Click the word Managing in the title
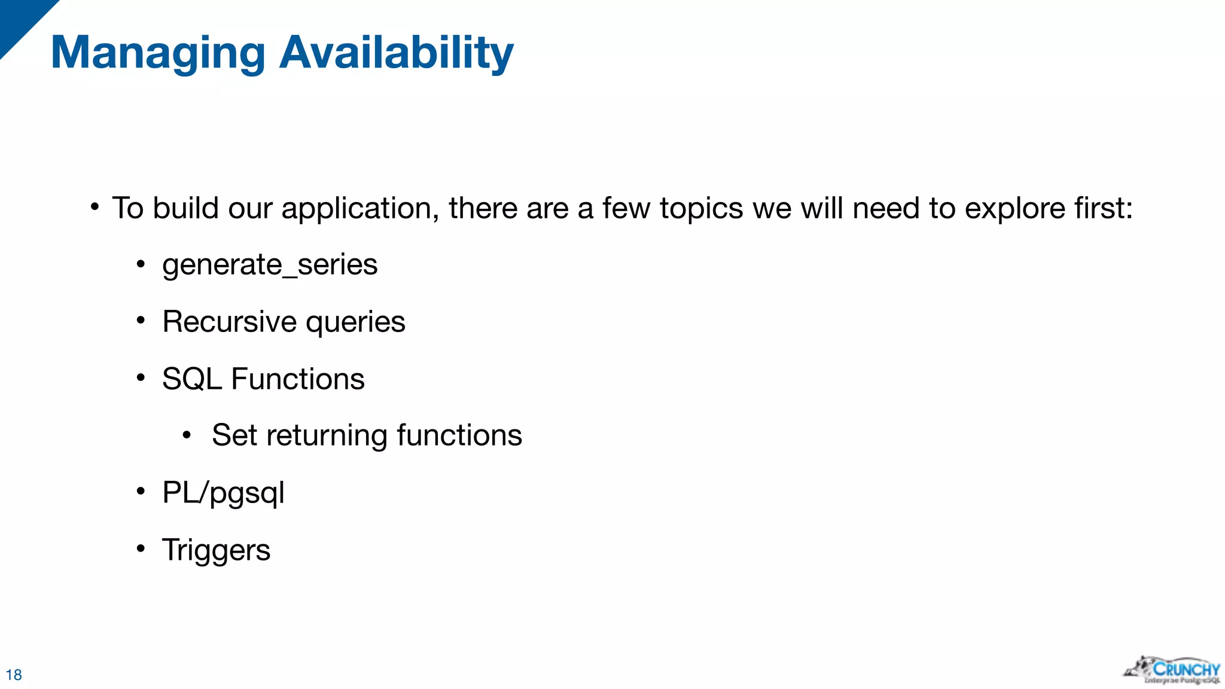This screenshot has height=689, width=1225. (x=158, y=54)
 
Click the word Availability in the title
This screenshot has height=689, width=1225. (x=396, y=54)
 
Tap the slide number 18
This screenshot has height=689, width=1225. (x=14, y=675)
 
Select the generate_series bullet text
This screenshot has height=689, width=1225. (x=270, y=264)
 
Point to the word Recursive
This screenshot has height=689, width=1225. (x=229, y=322)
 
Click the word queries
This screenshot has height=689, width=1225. (x=355, y=323)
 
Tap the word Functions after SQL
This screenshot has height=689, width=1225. (x=298, y=379)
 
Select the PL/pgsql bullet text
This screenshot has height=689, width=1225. (x=223, y=493)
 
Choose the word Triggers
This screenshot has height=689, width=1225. (x=216, y=550)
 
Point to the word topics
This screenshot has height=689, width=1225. (x=702, y=209)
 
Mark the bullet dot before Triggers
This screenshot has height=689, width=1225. (x=141, y=548)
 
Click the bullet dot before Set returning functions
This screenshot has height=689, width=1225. (x=187, y=435)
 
